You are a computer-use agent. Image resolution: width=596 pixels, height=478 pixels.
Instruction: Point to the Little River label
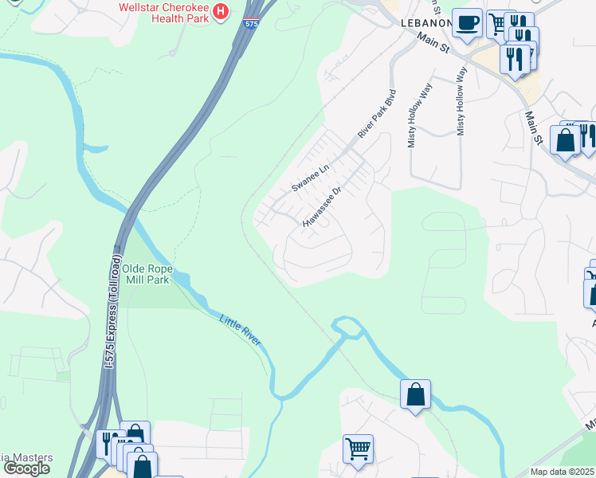coord(240,328)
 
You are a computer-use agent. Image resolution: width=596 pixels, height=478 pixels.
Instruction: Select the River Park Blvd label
coord(376,115)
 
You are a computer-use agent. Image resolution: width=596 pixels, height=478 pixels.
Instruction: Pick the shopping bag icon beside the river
coord(415,394)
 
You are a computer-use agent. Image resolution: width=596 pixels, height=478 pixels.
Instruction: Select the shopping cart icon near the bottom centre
coord(358,448)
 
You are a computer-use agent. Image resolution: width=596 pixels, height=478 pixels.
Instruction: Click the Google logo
coord(26,468)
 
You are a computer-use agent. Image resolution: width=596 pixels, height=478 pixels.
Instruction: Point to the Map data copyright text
coord(563,472)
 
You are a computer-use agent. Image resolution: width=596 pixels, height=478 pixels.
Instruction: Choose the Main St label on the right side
coord(533,127)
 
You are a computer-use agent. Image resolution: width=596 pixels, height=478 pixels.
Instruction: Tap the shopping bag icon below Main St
coord(565,140)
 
